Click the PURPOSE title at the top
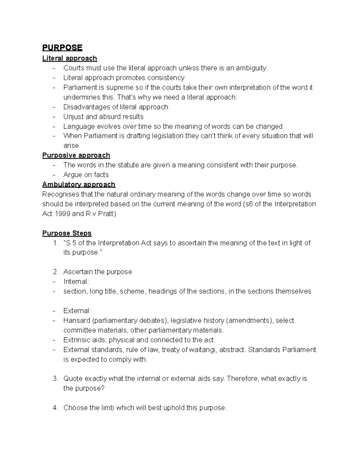tap(62, 48)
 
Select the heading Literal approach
tap(70, 58)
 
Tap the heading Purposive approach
tap(76, 155)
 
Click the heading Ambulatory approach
tap(79, 184)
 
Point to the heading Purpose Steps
tap(67, 233)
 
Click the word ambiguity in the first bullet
tap(251, 68)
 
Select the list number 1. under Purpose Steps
tap(55, 243)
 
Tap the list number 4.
tap(55, 408)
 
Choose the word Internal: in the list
tap(76, 281)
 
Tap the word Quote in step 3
tap(73, 379)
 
